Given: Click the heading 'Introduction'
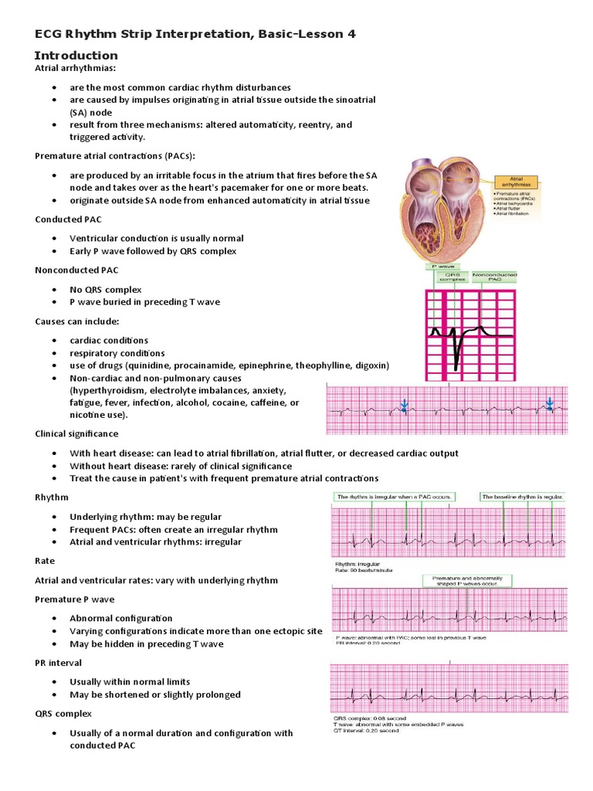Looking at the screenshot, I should click(76, 56).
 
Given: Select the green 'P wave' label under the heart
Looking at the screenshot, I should click(441, 266).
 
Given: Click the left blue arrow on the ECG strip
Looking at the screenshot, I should click(404, 405).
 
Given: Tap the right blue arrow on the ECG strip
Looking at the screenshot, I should click(550, 403).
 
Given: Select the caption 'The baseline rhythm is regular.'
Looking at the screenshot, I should click(523, 497).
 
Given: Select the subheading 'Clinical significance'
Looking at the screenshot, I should click(76, 434).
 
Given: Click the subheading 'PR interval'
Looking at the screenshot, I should click(58, 663).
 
